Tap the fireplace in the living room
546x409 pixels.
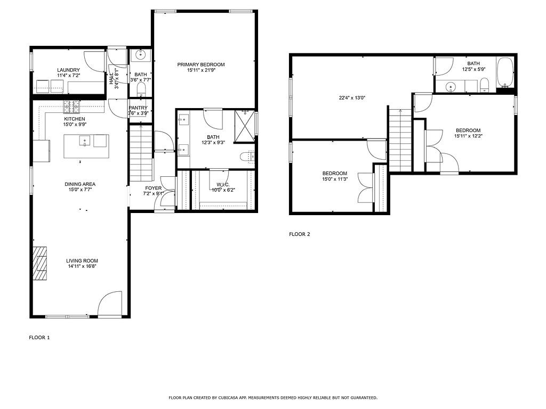click(41, 263)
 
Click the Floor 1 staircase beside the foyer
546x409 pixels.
click(141, 154)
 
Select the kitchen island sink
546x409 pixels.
click(84, 141)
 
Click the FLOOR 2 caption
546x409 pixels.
click(299, 234)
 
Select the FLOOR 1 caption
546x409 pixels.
click(39, 337)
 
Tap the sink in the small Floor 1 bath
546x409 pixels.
click(141, 54)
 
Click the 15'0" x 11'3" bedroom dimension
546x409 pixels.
click(334, 179)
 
